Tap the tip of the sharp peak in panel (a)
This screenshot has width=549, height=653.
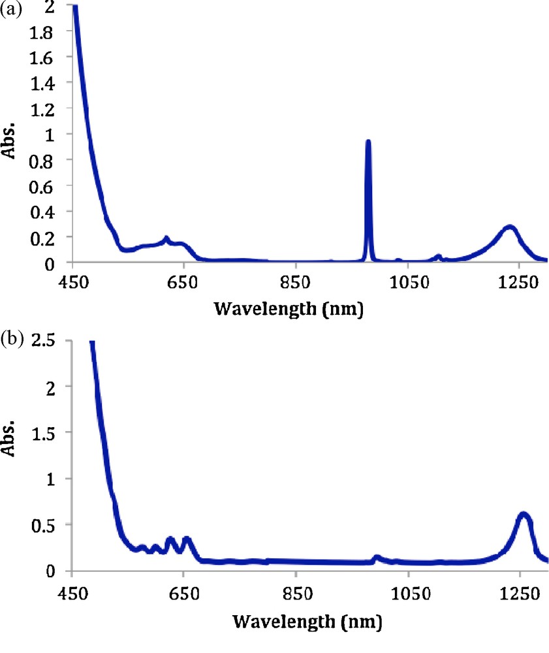pyautogui.click(x=368, y=142)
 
